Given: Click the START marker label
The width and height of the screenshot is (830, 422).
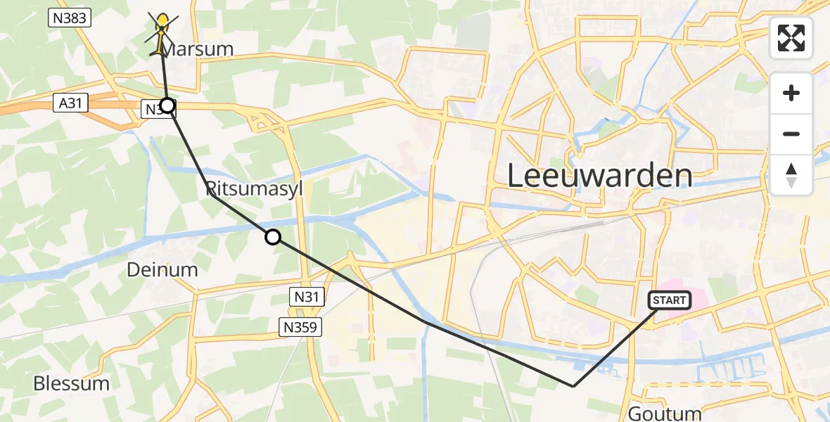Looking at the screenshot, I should [669, 301].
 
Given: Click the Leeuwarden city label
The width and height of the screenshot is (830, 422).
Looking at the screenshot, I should [599, 176].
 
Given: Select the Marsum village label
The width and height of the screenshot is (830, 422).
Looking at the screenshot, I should [196, 50].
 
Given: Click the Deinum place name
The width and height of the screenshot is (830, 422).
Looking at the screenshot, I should [162, 269].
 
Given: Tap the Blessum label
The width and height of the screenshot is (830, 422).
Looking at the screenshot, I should [72, 383].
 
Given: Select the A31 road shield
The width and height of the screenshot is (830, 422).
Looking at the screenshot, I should [65, 103].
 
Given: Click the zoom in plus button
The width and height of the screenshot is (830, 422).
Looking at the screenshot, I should [791, 94].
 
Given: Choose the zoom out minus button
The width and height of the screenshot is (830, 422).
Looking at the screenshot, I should [791, 134].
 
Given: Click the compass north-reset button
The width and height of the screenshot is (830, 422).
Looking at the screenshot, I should [791, 174].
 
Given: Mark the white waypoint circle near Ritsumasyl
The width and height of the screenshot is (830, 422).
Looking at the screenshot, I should [273, 238].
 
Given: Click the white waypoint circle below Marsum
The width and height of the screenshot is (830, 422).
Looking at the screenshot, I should [167, 106].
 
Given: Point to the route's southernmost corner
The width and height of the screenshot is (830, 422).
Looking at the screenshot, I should [573, 386].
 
